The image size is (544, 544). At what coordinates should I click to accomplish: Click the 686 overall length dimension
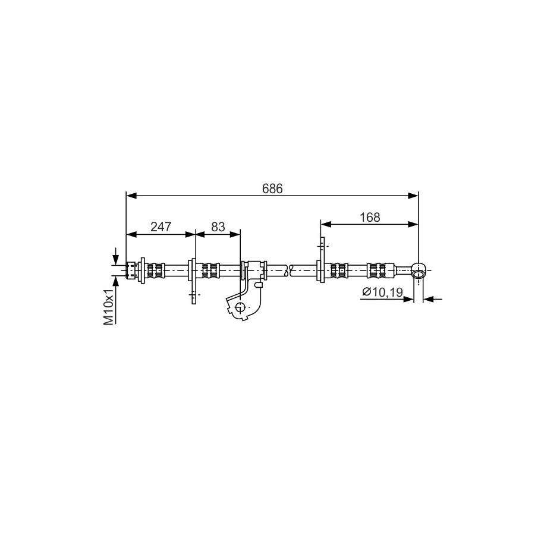(x=272, y=188)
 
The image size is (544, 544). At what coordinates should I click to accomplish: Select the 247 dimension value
(x=161, y=227)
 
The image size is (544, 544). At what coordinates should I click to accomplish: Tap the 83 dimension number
(x=218, y=227)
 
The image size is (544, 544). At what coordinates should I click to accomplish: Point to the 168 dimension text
(x=370, y=217)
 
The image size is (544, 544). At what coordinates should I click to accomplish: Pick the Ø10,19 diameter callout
(x=382, y=292)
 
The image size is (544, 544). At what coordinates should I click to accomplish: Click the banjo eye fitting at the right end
(x=419, y=271)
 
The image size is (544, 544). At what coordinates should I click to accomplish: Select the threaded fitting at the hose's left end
(x=131, y=270)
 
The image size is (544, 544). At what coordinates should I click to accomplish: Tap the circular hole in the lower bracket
(x=240, y=307)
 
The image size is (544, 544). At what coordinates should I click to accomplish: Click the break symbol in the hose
(x=288, y=271)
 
